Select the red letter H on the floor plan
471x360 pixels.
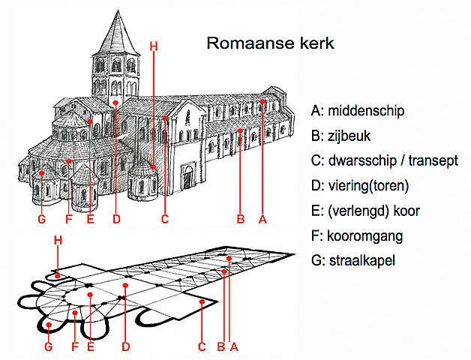tap(58, 239)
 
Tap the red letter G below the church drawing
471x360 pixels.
tap(42, 219)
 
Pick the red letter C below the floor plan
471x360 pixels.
tap(202, 346)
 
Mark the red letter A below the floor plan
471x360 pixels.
tap(234, 346)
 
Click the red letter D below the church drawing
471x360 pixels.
tap(116, 219)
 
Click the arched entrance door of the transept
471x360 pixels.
tap(187, 177)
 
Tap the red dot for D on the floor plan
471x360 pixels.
tap(126, 286)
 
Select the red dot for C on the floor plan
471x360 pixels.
tap(202, 301)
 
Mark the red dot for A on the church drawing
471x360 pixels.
tap(263, 100)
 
